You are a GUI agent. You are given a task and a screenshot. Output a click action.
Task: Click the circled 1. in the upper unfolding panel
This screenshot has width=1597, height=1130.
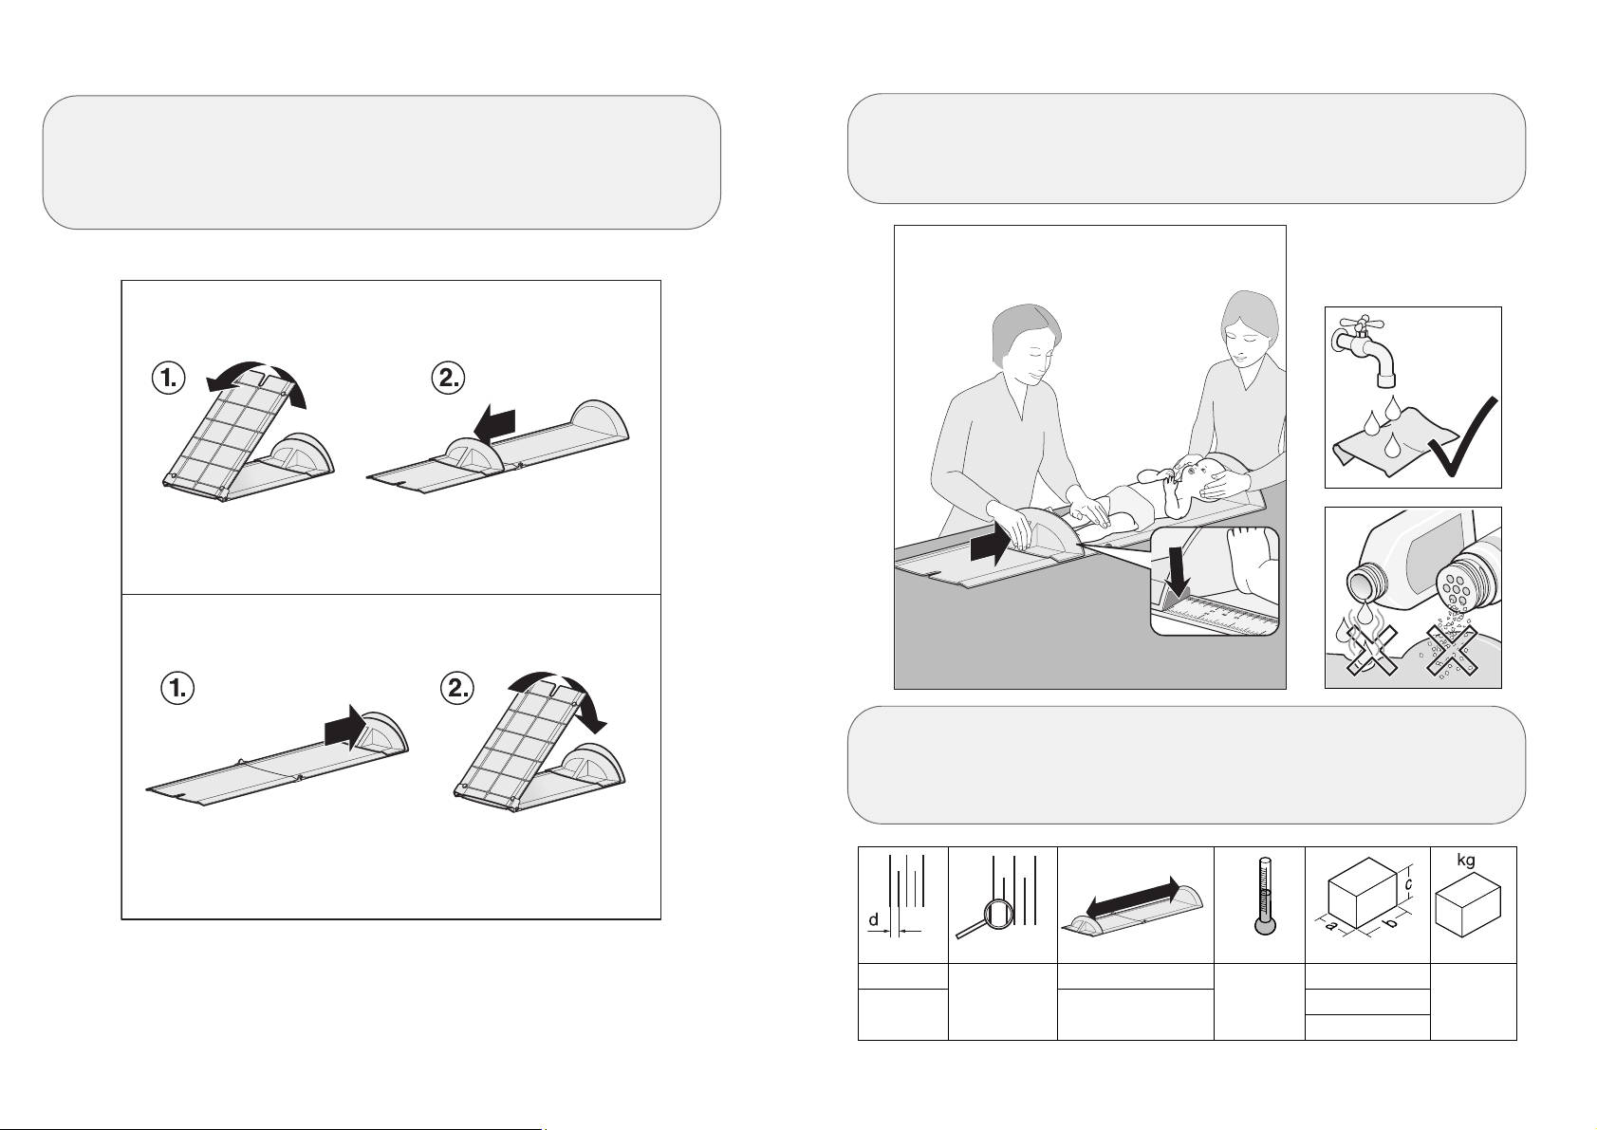click(x=168, y=378)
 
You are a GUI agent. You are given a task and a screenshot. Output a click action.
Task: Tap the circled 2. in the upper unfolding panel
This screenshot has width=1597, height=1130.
click(x=449, y=378)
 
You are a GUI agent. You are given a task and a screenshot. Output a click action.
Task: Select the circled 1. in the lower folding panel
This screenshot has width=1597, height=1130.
click(x=177, y=689)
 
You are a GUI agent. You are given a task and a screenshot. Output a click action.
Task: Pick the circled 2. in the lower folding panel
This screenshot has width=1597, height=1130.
click(x=457, y=689)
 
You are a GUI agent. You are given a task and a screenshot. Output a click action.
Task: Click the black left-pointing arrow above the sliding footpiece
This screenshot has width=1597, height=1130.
click(x=494, y=424)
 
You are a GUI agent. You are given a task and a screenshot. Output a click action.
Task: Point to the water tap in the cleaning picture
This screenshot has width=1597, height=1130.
click(x=1364, y=349)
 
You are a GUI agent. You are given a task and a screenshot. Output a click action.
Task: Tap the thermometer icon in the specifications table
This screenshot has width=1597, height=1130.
click(x=1265, y=897)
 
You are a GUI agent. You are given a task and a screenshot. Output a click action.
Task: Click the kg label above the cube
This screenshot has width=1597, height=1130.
click(x=1466, y=861)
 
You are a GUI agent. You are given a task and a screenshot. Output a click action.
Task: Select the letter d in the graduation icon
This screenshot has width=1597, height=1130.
click(x=873, y=919)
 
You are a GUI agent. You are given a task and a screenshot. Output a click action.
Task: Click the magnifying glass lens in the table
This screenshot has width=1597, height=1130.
click(x=998, y=916)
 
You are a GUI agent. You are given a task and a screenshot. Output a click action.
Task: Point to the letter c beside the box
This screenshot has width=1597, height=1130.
click(x=1408, y=885)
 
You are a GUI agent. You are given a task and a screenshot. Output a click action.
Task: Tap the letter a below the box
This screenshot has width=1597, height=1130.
click(x=1329, y=926)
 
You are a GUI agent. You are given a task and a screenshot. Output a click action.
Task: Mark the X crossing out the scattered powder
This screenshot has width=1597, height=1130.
click(x=1451, y=650)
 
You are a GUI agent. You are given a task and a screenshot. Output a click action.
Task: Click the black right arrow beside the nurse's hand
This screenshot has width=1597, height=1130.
click(x=991, y=546)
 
